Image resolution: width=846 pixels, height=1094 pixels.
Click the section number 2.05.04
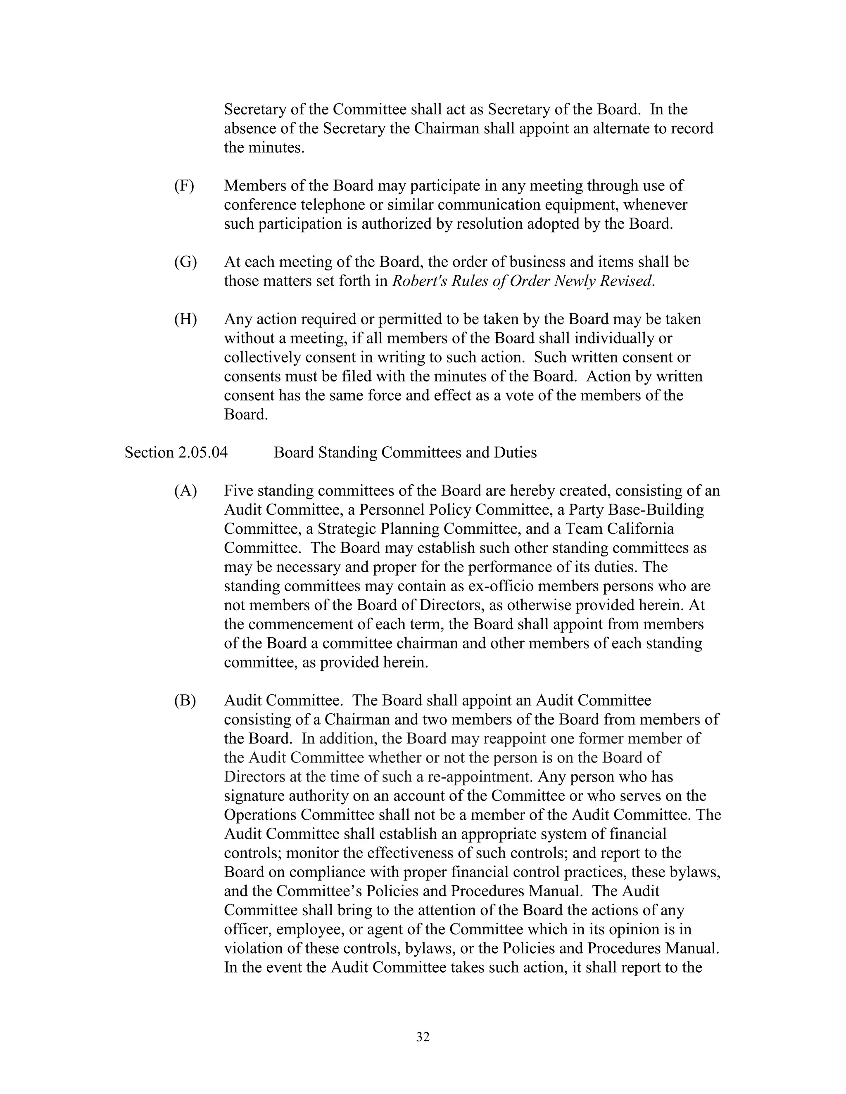coord(202,452)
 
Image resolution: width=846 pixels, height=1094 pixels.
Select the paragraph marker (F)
coord(184,186)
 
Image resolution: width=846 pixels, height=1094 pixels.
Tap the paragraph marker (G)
coord(185,262)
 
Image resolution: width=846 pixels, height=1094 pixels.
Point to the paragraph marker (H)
coord(185,319)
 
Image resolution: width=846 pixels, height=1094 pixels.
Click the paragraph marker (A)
coord(185,491)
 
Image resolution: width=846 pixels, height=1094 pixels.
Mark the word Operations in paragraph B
coord(260,815)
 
